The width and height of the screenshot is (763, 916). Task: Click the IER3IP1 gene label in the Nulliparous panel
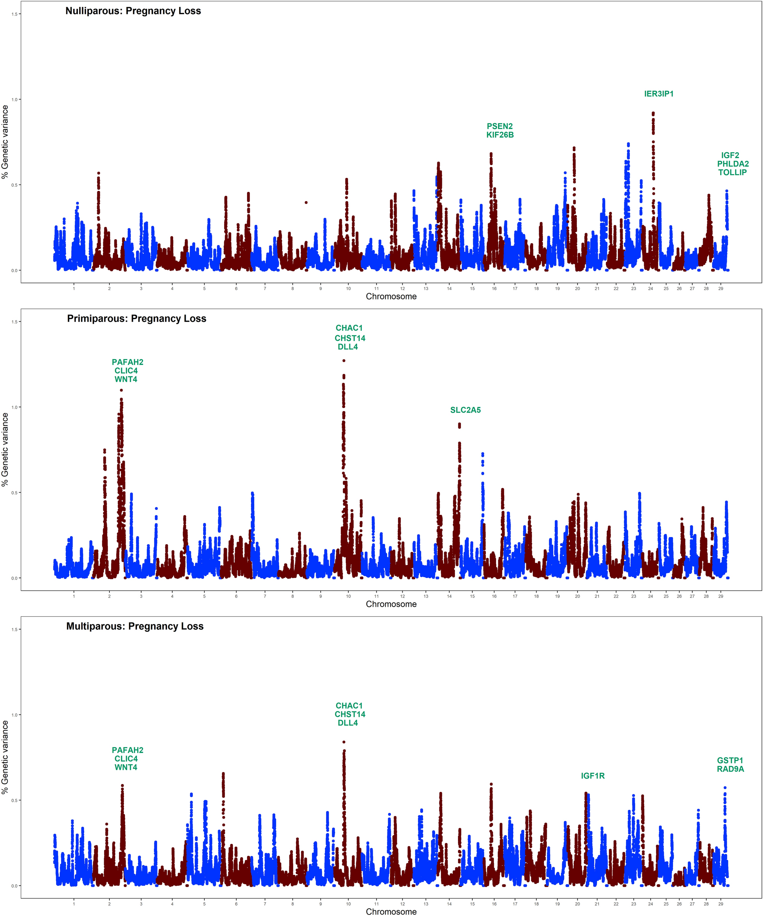pos(659,94)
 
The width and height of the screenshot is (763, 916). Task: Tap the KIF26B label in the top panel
pos(500,135)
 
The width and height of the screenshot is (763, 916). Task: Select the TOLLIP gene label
pos(732,172)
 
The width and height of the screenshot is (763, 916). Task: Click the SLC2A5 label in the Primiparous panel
pos(465,410)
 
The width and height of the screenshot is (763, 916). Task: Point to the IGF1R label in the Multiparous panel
pos(593,776)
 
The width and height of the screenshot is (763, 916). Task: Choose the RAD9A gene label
pos(730,769)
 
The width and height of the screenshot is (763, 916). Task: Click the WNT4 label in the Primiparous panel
pos(126,379)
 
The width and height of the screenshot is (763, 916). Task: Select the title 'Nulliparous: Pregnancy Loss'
pos(133,11)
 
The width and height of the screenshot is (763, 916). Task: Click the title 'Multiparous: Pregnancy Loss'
pos(135,626)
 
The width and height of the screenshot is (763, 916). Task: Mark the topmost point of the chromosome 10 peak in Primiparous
pos(344,361)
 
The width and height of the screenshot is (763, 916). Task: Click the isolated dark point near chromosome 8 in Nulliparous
pos(306,202)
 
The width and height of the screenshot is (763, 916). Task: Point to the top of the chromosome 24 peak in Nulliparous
pos(653,113)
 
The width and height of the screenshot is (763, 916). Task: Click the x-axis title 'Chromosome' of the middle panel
pos(391,604)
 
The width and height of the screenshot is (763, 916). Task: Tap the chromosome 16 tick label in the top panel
pos(494,288)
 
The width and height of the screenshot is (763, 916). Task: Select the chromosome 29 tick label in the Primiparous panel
pos(721,596)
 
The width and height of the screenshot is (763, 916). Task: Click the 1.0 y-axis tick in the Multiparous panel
pos(14,715)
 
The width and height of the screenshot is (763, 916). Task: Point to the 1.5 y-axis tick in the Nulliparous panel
pos(14,14)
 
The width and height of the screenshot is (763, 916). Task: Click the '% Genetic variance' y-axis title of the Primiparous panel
pos(5,450)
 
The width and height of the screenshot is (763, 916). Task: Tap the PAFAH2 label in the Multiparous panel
pos(127,750)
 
